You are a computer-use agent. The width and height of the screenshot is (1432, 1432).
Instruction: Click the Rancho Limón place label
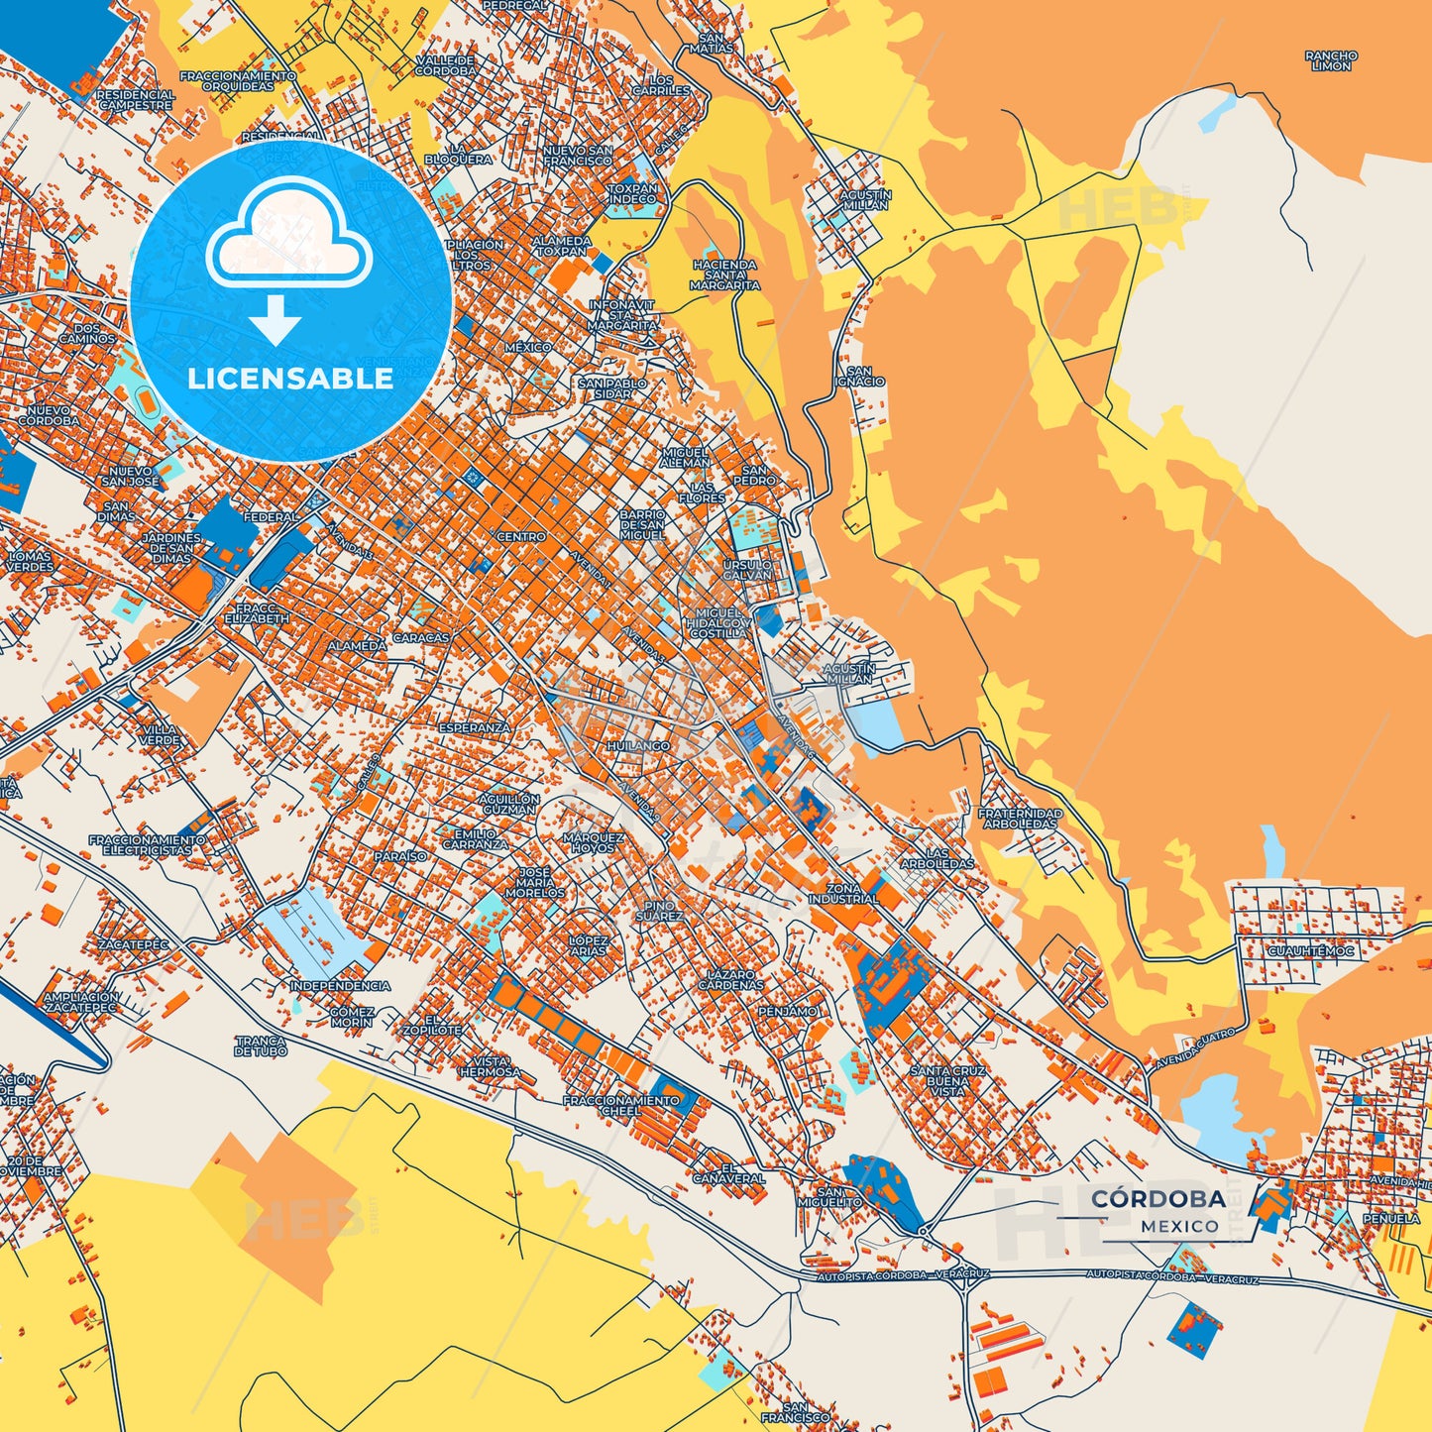(x=1331, y=61)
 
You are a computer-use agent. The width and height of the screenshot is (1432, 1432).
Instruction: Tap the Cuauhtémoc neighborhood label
(x=1310, y=951)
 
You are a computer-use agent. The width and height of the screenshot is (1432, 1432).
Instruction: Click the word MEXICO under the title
(x=1179, y=1227)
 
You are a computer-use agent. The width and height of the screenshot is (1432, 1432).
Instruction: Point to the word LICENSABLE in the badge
(x=290, y=379)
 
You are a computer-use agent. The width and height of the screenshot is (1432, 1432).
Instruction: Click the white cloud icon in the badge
(x=288, y=234)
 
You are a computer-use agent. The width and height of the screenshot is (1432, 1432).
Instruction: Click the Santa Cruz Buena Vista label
(x=947, y=1080)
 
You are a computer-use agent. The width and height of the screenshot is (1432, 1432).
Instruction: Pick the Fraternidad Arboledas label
(x=1020, y=819)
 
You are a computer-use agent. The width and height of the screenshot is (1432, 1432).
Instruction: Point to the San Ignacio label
(x=859, y=377)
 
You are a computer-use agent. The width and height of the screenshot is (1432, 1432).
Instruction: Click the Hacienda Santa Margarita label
(x=725, y=275)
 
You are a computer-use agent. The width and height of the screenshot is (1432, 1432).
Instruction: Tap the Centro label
(x=520, y=536)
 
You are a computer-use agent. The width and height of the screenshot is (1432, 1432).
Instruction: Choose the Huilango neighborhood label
(x=638, y=745)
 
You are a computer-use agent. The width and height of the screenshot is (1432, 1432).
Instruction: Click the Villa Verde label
(x=160, y=735)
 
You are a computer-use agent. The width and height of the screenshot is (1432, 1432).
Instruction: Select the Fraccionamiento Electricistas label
(x=148, y=844)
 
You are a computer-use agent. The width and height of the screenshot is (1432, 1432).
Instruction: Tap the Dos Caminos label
(x=87, y=333)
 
